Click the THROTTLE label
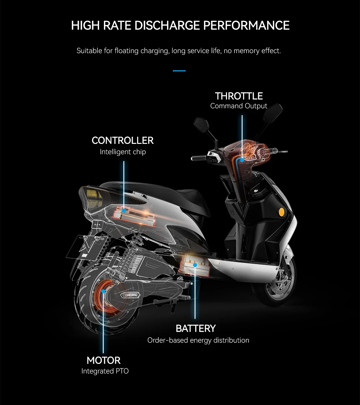(239, 96)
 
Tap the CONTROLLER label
(122, 140)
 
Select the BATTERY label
(195, 329)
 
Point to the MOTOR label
(104, 360)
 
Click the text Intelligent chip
(122, 152)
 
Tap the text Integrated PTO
(105, 371)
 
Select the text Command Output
(239, 106)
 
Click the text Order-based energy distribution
(198, 340)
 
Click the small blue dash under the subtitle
(179, 71)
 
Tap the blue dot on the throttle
(242, 160)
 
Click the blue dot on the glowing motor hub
(103, 291)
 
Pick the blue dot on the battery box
(195, 265)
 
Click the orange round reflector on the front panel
(282, 212)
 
